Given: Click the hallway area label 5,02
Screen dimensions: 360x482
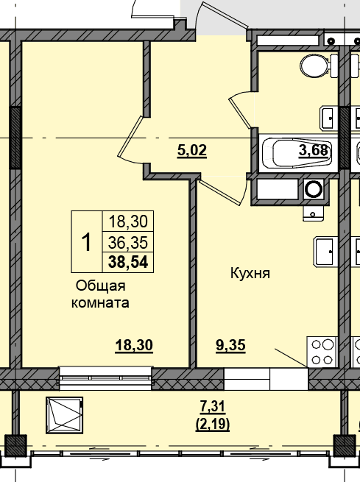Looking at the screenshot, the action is coord(192,151).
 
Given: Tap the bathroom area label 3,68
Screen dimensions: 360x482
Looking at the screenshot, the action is coord(314,150).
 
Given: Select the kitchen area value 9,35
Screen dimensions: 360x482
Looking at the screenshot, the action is coord(231,345).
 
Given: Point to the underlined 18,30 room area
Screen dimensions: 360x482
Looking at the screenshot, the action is coord(134,345).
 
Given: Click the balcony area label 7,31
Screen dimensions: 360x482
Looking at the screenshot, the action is coord(213,407).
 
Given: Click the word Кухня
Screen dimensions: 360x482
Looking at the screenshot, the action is coord(250,273).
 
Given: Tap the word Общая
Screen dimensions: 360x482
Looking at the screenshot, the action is coord(101,286).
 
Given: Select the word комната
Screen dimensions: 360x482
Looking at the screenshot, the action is coord(100,302).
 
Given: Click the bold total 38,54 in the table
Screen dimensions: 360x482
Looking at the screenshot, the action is coord(128,262).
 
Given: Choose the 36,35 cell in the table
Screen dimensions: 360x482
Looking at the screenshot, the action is coord(128,243).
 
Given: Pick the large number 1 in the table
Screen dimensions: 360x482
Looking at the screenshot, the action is coord(87,242).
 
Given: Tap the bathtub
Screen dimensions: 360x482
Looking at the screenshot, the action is coord(297,153).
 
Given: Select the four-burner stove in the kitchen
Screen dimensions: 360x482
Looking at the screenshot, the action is coord(322,352).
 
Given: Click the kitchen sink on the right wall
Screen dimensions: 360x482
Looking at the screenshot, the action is coord(326,251).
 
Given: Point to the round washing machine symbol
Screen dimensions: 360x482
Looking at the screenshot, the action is coord(314,188).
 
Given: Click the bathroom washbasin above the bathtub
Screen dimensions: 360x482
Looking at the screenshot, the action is coord(328,118).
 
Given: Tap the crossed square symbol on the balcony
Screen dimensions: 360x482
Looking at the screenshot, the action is coord(64,415).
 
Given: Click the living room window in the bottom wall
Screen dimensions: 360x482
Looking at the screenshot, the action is coord(106,378).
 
